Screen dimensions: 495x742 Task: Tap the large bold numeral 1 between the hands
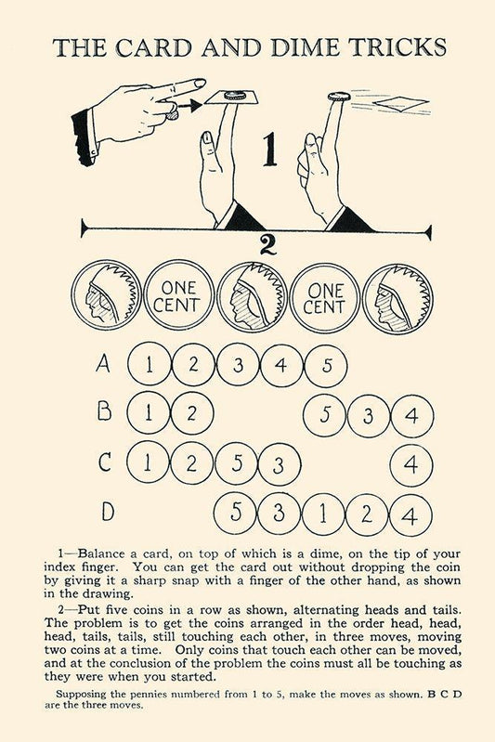click(269, 150)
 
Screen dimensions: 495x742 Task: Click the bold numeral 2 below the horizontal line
click(267, 244)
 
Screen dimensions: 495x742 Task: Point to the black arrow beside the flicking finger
click(188, 106)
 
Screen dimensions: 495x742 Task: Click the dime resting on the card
click(235, 95)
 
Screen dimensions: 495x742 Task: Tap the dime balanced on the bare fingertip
click(339, 96)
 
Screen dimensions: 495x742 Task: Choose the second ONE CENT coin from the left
click(325, 297)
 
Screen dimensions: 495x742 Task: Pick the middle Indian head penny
click(253, 296)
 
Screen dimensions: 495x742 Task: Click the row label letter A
click(103, 363)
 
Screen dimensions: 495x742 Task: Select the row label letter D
click(108, 511)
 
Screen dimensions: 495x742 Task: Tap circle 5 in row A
click(326, 366)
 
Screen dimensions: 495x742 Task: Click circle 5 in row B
click(325, 415)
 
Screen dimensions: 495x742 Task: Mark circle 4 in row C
click(410, 465)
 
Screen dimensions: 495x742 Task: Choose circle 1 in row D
click(323, 514)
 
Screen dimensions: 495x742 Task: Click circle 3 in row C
click(280, 464)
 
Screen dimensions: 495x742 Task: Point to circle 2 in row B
click(191, 413)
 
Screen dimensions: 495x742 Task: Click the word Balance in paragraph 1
click(101, 553)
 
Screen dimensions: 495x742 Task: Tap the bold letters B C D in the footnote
click(444, 695)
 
